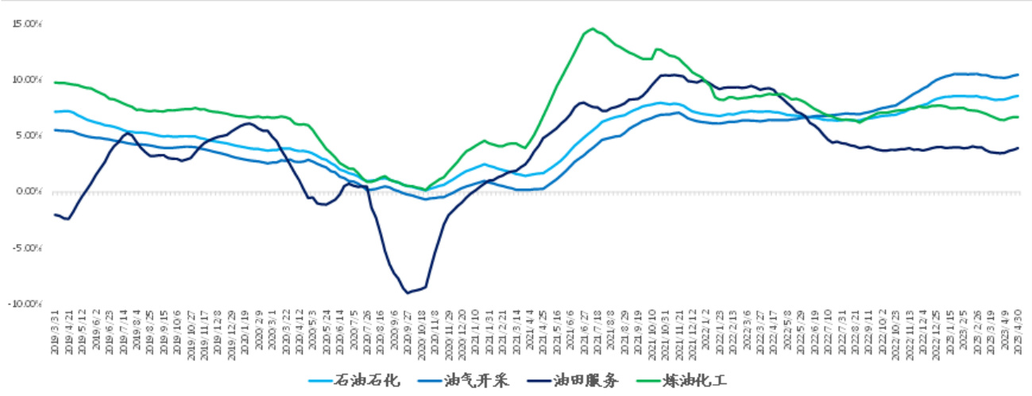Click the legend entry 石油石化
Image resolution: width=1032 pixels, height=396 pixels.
pyautogui.click(x=365, y=380)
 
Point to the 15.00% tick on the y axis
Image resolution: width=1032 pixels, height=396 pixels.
pyautogui.click(x=27, y=24)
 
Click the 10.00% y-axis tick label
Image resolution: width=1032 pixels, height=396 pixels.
pyautogui.click(x=27, y=80)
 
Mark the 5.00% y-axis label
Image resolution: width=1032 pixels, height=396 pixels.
pyautogui.click(x=29, y=136)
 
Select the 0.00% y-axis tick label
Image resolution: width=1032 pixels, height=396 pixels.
pyautogui.click(x=29, y=192)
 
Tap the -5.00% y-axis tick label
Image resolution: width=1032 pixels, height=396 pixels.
pyautogui.click(x=28, y=248)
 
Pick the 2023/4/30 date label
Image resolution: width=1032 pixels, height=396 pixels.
pyautogui.click(x=1018, y=335)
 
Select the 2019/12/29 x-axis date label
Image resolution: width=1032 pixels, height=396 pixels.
pyautogui.click(x=230, y=335)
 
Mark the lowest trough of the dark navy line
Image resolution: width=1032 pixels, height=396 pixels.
pyautogui.click(x=408, y=293)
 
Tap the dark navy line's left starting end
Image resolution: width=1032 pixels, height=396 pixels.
pyautogui.click(x=54, y=215)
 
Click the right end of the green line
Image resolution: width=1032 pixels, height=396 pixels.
pyautogui.click(x=1018, y=117)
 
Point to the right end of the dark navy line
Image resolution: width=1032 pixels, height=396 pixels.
pyautogui.click(x=1018, y=148)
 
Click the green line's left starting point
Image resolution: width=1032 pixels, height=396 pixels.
pyautogui.click(x=54, y=83)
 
